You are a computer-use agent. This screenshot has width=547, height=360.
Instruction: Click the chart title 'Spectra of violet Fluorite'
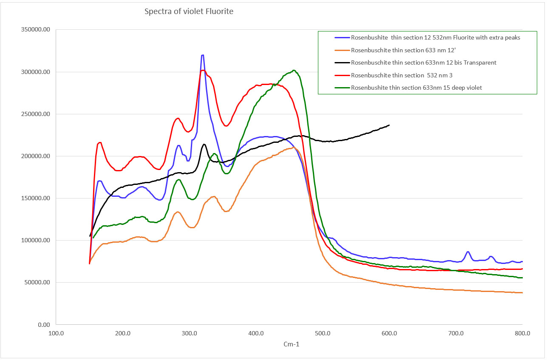pos(189,11)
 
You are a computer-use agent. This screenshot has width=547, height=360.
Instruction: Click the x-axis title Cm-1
pos(291,344)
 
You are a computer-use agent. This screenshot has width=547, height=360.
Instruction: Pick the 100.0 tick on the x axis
pos(56,334)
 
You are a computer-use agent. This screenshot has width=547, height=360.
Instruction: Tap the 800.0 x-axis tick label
pos(522,334)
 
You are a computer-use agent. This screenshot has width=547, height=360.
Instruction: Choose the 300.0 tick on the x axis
pos(189,334)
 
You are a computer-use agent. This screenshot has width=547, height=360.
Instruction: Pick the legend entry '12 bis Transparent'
pos(423,62)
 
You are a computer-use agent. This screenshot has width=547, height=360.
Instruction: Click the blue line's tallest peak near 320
pos(203,55)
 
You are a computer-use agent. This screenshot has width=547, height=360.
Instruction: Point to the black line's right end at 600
pos(389,125)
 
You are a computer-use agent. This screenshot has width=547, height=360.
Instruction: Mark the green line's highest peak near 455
pos(294,70)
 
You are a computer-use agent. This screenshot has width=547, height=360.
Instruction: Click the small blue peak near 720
pos(468,252)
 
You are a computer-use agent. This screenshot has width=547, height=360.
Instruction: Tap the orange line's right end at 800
pos(522,292)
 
